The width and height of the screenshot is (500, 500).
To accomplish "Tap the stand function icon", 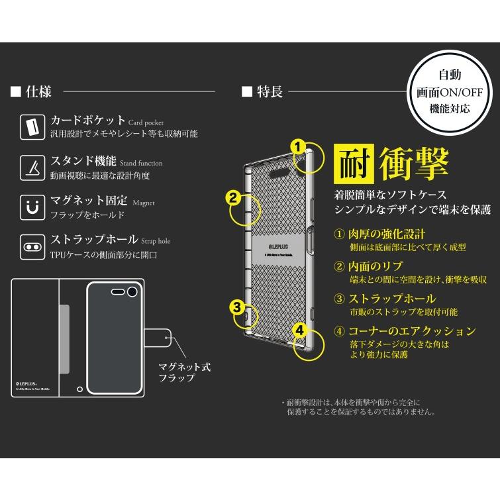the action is pyautogui.click(x=29, y=166).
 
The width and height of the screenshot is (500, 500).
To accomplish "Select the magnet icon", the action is pyautogui.click(x=29, y=205).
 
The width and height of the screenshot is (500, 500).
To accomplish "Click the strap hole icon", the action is pyautogui.click(x=29, y=244).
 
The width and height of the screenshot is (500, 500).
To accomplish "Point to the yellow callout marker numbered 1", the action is pyautogui.click(x=299, y=146).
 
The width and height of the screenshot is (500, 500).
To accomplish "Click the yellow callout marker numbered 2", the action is pyautogui.click(x=232, y=197).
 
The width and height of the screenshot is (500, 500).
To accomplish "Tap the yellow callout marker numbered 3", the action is pyautogui.click(x=236, y=306).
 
